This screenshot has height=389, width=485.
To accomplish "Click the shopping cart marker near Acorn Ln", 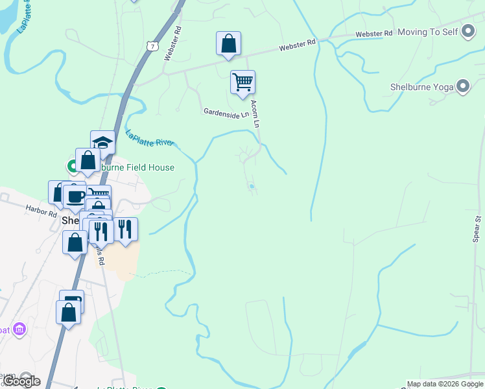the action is tap(242, 82).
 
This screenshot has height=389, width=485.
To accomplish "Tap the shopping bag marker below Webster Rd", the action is tap(228, 43).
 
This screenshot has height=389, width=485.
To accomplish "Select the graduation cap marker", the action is tap(102, 142).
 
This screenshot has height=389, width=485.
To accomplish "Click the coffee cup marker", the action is tap(75, 196).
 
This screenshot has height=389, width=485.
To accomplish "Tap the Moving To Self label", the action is tap(427, 32).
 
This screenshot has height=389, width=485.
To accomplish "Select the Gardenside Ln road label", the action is tap(226, 113).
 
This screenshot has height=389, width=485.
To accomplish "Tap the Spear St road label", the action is tap(477, 230).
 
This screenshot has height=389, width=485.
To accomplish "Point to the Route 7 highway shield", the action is tap(152, 46).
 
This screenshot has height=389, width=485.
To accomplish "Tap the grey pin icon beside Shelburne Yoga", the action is tap(462, 86).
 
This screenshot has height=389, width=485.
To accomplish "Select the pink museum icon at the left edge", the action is tap(19, 330).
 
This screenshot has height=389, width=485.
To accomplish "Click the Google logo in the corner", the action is tap(21, 381).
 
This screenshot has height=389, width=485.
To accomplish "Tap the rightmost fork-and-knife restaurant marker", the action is tap(125, 228).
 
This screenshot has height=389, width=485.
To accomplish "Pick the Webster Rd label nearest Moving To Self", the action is tap(374, 33).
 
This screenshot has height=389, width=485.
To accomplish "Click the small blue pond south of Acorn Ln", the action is tap(252, 187).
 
